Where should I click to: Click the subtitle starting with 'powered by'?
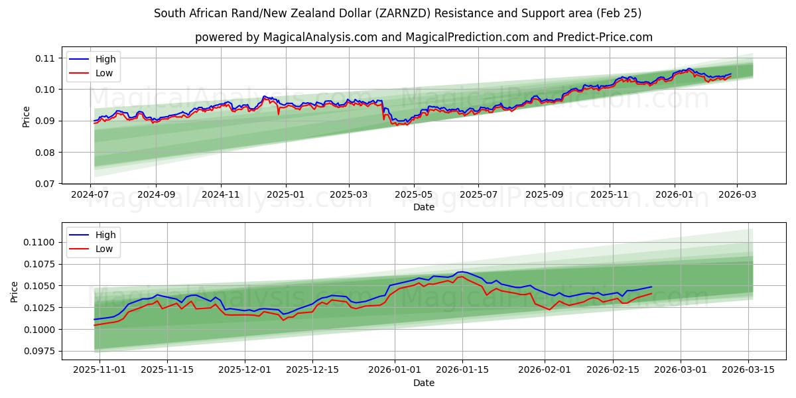(x=423, y=37)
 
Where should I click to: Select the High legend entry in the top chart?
(x=105, y=59)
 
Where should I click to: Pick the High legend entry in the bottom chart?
(x=105, y=235)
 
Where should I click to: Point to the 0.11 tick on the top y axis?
(x=45, y=58)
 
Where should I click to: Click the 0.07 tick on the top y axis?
(x=45, y=184)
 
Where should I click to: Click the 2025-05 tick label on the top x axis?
(x=414, y=195)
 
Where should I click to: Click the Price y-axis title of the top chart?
(x=27, y=117)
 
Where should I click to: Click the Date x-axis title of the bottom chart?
(x=424, y=383)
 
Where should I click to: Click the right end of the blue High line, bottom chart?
(x=651, y=287)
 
